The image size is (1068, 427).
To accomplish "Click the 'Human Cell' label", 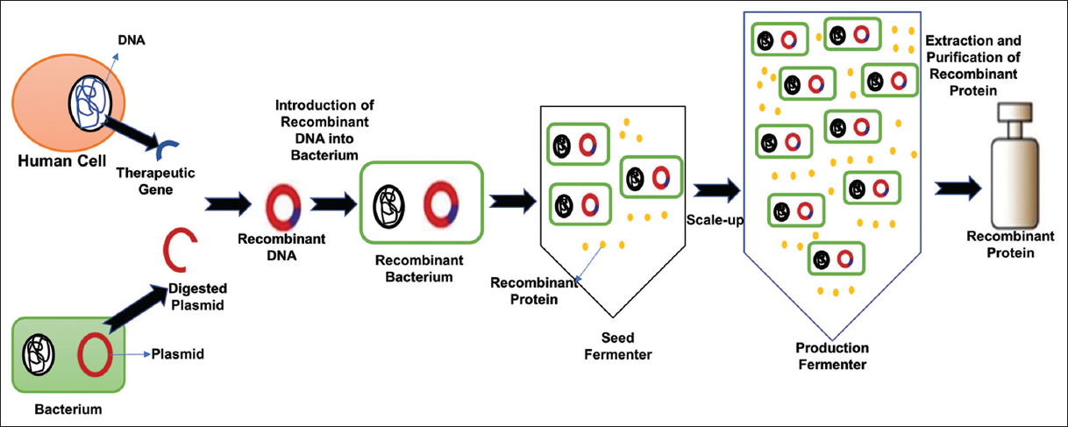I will point(53,163).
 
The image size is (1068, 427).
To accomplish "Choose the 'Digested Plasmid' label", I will point(197,296).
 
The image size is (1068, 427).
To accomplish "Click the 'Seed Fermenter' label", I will point(617,345).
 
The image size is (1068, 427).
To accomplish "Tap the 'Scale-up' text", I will point(715,219).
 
